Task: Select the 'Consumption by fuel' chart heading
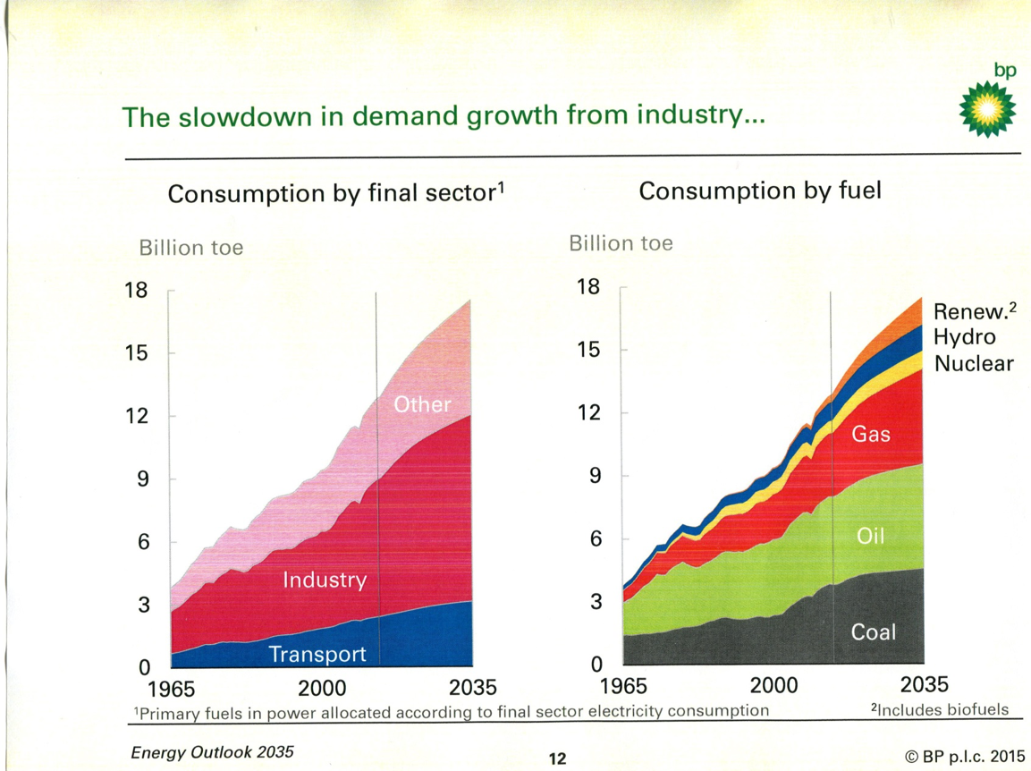(x=760, y=191)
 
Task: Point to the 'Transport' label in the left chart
(x=317, y=655)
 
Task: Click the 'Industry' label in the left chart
(x=325, y=580)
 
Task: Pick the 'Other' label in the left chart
(x=423, y=404)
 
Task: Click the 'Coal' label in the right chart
(x=873, y=632)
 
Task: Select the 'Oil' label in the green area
(x=870, y=536)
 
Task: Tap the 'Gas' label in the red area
(x=870, y=435)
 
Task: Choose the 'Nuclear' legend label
(x=974, y=363)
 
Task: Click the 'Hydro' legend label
(x=964, y=337)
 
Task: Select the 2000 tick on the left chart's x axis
(x=322, y=688)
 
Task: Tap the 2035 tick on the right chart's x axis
(x=924, y=685)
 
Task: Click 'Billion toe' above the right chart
(x=621, y=243)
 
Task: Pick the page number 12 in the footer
(x=557, y=759)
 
